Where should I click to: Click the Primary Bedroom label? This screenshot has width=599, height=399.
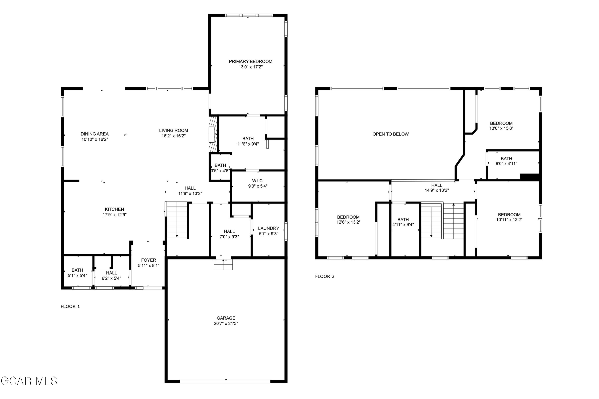(x=250, y=61)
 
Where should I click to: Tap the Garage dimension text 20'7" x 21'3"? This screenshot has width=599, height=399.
(x=226, y=323)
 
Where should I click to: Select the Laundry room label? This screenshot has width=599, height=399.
(x=268, y=228)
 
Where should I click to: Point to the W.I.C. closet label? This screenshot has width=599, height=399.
(x=258, y=181)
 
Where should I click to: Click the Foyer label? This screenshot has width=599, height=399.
(x=148, y=260)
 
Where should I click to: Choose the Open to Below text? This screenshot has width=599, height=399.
(x=390, y=134)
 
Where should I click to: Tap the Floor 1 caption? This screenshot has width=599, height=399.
(x=70, y=306)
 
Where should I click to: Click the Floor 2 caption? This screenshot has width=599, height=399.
(x=324, y=276)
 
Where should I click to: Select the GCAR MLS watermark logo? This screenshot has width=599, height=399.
(x=29, y=381)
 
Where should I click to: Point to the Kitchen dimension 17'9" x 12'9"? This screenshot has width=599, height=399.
(x=114, y=214)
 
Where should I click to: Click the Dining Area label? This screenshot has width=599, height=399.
(x=94, y=134)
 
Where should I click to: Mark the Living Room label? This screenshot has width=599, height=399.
(x=173, y=131)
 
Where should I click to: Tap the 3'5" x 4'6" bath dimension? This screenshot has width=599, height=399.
(x=220, y=171)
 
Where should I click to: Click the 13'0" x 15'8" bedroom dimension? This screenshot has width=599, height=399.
(x=501, y=129)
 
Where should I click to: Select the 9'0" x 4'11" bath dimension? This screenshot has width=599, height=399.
(x=506, y=164)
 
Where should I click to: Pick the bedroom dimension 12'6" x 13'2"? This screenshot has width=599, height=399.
(x=348, y=222)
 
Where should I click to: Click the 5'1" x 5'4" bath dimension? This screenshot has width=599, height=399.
(x=77, y=275)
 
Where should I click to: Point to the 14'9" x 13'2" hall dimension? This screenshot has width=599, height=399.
(x=437, y=190)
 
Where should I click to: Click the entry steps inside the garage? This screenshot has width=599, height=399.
(x=223, y=264)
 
